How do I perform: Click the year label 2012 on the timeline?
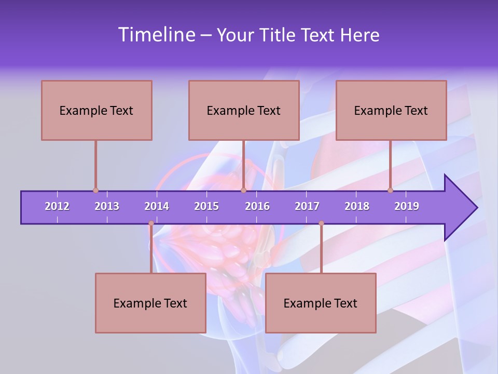coord(57,206)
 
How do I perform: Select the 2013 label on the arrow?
coord(107,206)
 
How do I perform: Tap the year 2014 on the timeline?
coord(157,206)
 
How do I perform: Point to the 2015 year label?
coord(206,206)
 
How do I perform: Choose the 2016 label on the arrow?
coord(257,206)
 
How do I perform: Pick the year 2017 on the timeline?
coord(307,206)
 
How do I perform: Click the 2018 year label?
coord(357,206)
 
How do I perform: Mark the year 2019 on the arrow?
coord(407,206)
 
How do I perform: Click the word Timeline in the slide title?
coord(156,35)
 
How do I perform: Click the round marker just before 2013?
coord(95,191)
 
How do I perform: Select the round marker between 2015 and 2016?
coord(243,191)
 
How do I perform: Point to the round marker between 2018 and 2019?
coord(390,191)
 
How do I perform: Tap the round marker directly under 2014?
coord(151,223)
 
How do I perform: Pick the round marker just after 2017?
coord(321,223)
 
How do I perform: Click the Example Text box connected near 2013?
coord(96,110)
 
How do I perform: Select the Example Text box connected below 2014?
coord(150,303)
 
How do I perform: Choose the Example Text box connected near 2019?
coord(391,110)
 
